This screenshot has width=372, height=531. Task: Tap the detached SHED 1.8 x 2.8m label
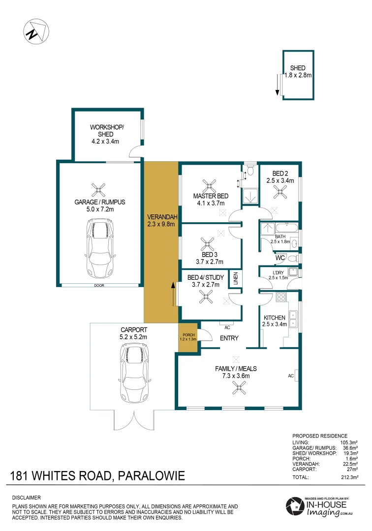tap(298, 72)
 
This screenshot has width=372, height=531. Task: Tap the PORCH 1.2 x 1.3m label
tap(187, 337)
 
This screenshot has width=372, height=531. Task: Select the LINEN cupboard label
tap(236, 279)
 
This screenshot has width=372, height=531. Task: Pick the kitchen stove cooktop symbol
tap(281, 297)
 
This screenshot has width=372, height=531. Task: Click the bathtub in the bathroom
tap(285, 228)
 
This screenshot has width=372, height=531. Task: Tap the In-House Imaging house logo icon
tap(295, 507)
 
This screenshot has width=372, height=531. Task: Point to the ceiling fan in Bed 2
tap(282, 192)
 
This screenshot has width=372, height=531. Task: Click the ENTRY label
tap(229, 338)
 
